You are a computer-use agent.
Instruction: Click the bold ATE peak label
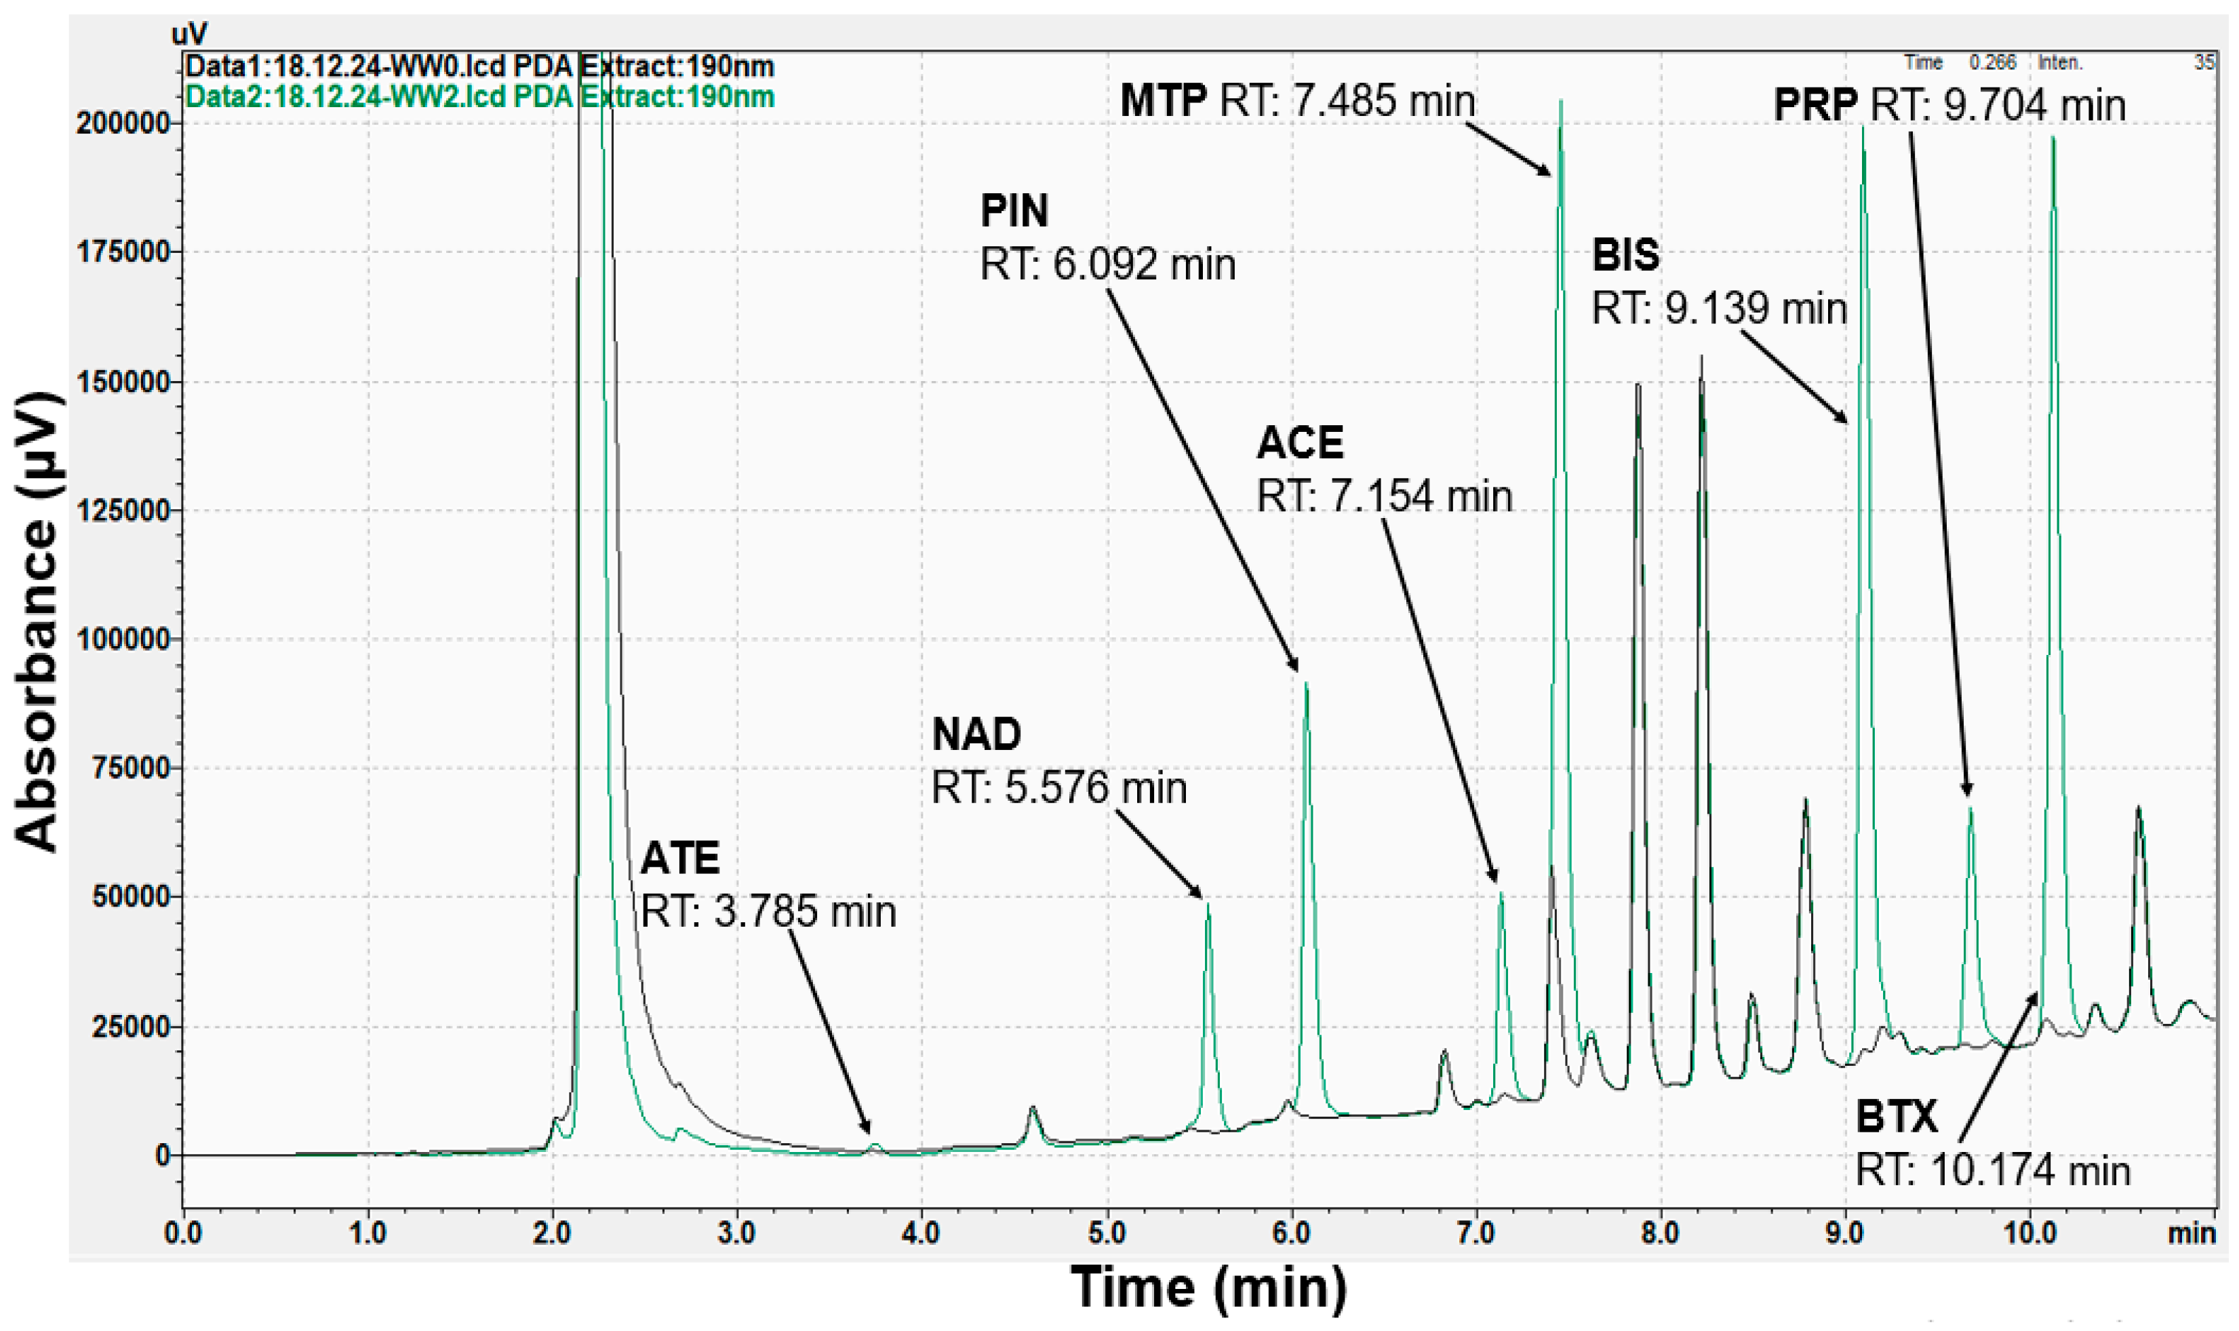tap(679, 858)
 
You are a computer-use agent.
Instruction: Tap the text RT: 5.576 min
tap(1059, 789)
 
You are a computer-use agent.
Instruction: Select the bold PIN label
tap(1014, 211)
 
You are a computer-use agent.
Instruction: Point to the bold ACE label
tap(1300, 442)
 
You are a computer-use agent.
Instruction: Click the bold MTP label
tap(1163, 100)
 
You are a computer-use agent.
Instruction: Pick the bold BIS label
tap(1625, 255)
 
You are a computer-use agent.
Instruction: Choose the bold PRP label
tap(1816, 105)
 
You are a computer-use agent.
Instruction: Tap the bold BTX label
tap(1897, 1117)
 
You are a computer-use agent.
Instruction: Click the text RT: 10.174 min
tap(1992, 1170)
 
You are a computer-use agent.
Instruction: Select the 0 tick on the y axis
tap(162, 1155)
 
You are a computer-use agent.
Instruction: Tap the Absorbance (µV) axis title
tap(38, 622)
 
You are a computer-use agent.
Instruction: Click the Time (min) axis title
tap(1209, 1287)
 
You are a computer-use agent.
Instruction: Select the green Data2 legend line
tap(479, 96)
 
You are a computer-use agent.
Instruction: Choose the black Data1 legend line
tap(479, 66)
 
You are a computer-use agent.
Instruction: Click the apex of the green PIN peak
tap(1307, 683)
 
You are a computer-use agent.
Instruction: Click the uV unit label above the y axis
tap(189, 34)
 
